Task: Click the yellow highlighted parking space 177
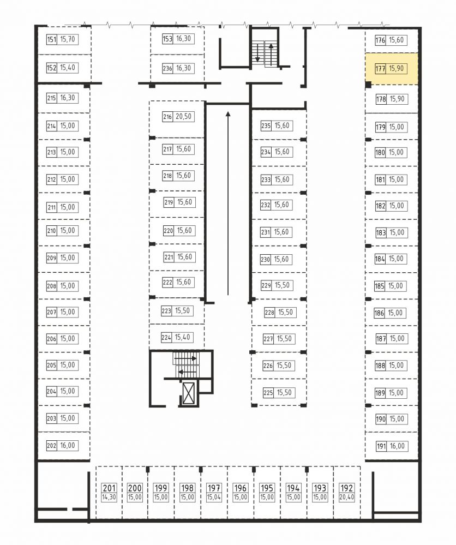click(392, 69)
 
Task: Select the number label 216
click(167, 117)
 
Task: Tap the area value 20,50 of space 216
click(183, 117)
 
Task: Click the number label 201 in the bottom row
click(109, 488)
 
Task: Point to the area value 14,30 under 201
click(109, 498)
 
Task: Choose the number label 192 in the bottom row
click(347, 488)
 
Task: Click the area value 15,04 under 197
click(214, 498)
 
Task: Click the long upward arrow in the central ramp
click(228, 203)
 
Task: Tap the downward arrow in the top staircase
click(257, 52)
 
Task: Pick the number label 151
click(52, 39)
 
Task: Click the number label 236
click(167, 69)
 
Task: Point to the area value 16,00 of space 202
click(68, 446)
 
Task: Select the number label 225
click(268, 393)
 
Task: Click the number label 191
click(381, 446)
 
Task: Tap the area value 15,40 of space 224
click(183, 338)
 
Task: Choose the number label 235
click(266, 126)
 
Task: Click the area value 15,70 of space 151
click(68, 39)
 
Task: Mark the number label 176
click(380, 40)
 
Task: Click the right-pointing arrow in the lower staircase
click(185, 358)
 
